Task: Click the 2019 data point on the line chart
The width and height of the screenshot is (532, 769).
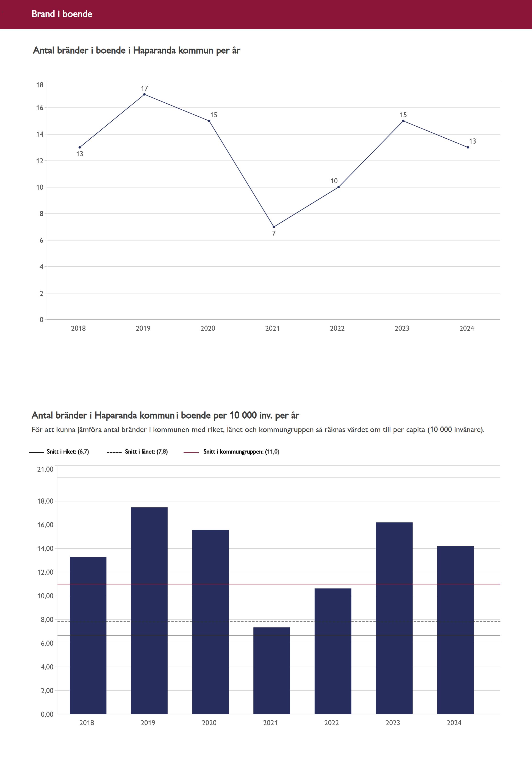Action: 144,94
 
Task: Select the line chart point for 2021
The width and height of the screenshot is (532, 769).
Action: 274,227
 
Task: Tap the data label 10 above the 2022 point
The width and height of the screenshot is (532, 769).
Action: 334,181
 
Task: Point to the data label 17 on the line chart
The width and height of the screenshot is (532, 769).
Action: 144,88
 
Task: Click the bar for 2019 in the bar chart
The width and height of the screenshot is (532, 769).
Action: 149,610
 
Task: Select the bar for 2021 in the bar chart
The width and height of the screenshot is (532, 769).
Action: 271,670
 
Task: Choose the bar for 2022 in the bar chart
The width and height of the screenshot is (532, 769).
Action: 333,650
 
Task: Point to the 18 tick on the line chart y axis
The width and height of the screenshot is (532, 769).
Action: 40,85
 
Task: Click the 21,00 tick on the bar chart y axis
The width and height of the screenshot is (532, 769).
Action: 45,469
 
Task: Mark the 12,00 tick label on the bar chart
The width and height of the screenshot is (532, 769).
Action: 45,572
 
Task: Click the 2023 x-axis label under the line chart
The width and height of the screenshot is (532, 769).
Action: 402,328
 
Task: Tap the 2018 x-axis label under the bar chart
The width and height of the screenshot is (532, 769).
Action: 87,723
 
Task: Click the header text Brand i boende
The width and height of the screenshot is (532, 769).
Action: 62,14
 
